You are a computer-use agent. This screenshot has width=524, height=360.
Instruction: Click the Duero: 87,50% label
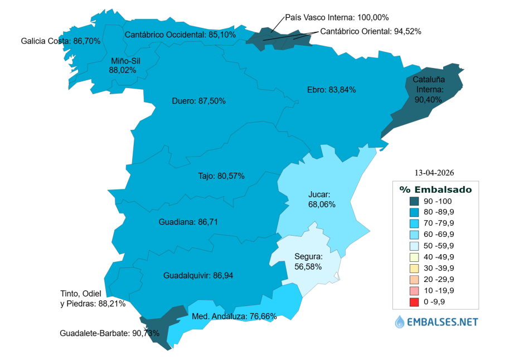[x=198, y=101]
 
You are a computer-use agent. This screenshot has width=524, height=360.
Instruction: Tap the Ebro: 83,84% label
[x=331, y=90]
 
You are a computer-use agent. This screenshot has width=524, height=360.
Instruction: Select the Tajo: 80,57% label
[x=221, y=176]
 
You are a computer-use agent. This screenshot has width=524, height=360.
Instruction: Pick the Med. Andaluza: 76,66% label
[x=234, y=317]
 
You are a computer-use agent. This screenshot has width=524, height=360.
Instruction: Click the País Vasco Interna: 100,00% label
[x=337, y=17]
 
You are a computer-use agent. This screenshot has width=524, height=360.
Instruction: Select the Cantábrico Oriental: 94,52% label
[x=371, y=31]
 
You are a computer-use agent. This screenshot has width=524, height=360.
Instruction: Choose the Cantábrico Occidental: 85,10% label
[x=180, y=35]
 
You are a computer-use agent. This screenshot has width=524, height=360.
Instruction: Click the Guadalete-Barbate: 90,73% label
[x=109, y=333]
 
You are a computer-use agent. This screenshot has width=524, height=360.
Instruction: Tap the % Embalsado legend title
[x=435, y=189]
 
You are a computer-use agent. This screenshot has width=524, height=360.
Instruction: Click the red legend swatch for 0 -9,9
[x=414, y=302]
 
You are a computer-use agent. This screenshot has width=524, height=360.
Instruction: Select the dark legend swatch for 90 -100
[x=414, y=201]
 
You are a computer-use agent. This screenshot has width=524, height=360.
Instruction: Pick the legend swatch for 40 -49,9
[x=414, y=257]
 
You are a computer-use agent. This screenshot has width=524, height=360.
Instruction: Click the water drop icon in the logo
[x=400, y=322]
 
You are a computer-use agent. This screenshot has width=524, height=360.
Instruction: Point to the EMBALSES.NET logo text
[x=443, y=322]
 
